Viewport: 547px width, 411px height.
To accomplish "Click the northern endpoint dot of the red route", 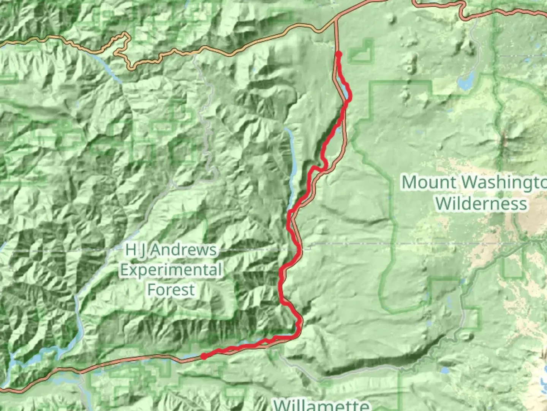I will (338, 55).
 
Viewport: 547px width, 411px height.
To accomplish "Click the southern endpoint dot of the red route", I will (204, 356).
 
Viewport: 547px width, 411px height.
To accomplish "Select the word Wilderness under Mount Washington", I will (481, 204).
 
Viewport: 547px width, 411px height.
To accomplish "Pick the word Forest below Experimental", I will (171, 290).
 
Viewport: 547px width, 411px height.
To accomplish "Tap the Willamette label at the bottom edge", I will (321, 404).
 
